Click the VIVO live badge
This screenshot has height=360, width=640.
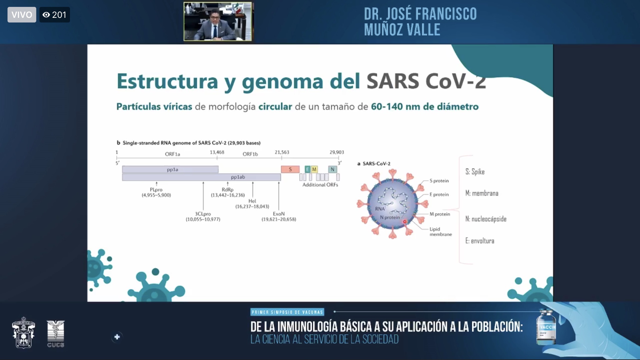point(22,15)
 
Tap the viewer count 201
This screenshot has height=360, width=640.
point(55,15)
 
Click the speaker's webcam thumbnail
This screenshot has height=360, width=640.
point(217,22)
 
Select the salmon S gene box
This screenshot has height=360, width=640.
point(290,169)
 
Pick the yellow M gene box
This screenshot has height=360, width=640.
point(314,169)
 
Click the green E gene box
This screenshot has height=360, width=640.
point(307,169)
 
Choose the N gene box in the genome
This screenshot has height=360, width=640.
point(332,169)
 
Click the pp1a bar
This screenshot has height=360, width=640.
point(170,169)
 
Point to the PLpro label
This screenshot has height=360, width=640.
point(156,190)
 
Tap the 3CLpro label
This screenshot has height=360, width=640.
point(203,214)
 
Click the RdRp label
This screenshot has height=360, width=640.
point(227,190)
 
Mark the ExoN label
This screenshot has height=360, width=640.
point(279,214)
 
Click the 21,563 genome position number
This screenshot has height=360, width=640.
point(282,152)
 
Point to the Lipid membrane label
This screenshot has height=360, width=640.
point(440,232)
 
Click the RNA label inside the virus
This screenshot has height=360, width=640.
point(380,209)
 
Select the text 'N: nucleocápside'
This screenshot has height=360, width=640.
point(486,219)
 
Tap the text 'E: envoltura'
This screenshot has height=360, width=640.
point(480,241)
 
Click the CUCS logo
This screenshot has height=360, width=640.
point(56,334)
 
